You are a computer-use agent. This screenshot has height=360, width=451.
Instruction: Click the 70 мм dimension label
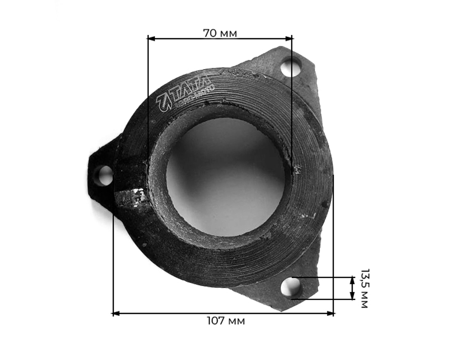[220, 33]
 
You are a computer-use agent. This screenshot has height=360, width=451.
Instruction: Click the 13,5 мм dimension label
[364, 288]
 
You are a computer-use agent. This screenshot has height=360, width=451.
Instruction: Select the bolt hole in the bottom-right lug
[290, 287]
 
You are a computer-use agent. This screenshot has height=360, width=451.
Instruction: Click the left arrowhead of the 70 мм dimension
[151, 38]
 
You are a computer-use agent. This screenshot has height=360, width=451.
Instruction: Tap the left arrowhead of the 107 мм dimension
[116, 313]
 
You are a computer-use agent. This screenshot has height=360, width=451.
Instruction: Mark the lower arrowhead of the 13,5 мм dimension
[352, 296]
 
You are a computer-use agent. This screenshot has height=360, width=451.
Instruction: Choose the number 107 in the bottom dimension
[216, 321]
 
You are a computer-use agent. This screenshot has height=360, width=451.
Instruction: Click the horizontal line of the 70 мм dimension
[253, 38]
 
